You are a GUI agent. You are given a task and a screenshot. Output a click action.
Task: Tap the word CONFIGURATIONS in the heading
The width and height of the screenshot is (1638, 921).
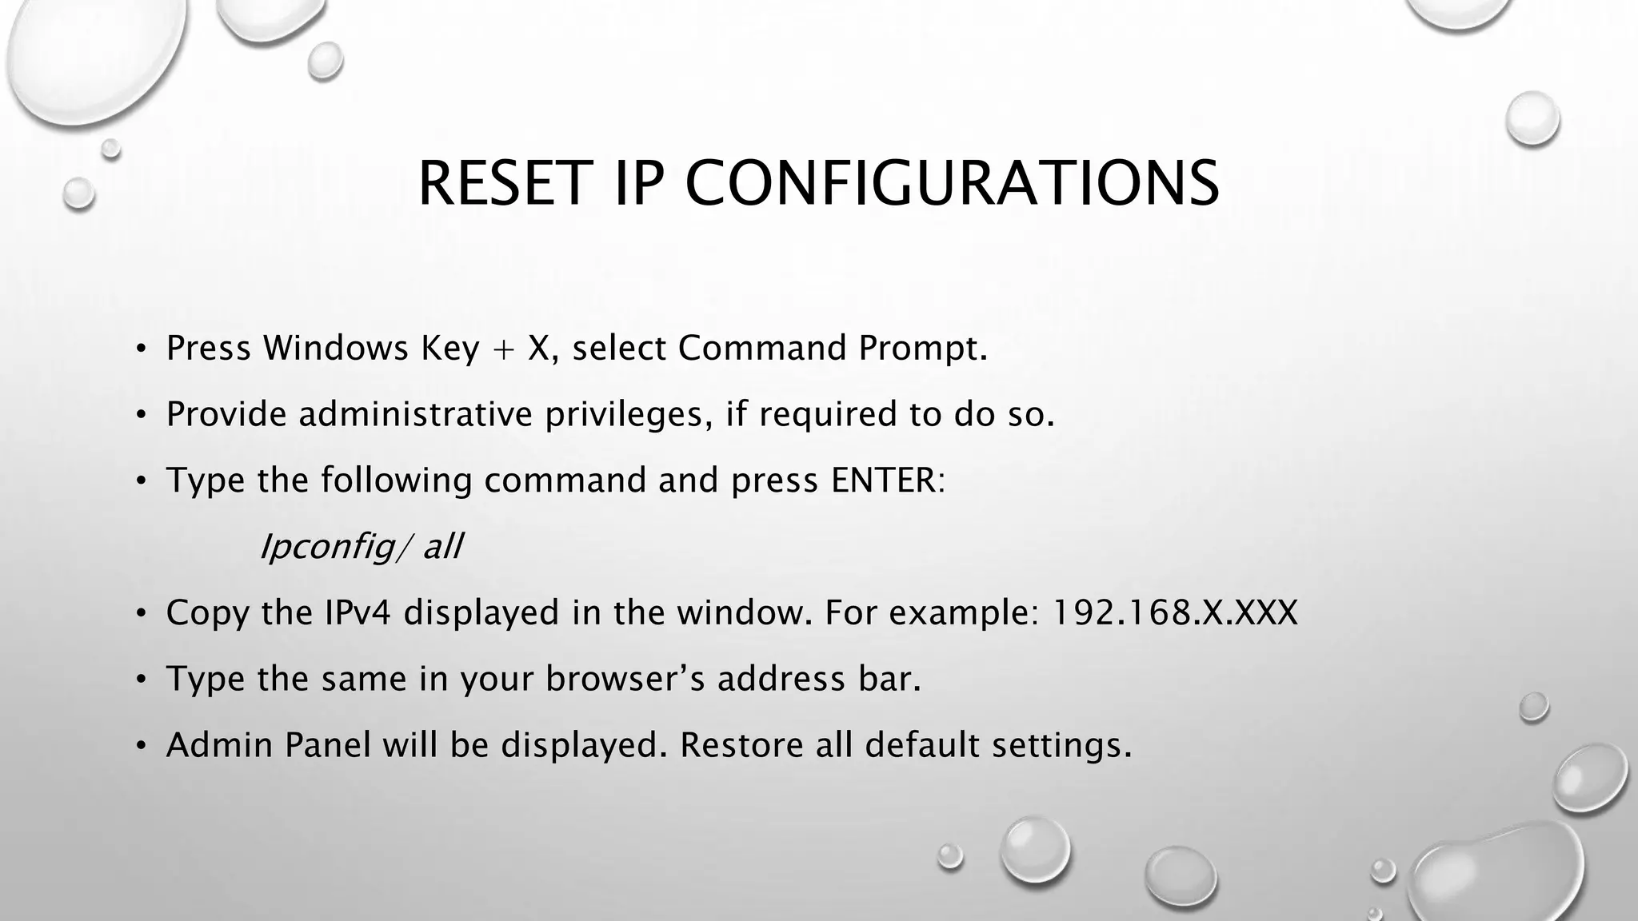(952, 184)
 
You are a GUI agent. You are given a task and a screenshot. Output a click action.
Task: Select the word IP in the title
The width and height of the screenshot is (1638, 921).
(639, 184)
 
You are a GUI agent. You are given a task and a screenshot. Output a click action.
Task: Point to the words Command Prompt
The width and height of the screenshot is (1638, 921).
(832, 348)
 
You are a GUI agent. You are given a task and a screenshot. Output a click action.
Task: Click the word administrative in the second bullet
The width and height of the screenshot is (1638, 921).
(416, 414)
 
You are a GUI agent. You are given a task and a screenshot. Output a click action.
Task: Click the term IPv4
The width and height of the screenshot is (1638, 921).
(358, 612)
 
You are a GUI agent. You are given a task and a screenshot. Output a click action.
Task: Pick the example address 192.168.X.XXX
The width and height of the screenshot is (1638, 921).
(1174, 612)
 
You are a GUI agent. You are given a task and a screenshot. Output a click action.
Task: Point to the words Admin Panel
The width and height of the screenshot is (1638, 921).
(268, 745)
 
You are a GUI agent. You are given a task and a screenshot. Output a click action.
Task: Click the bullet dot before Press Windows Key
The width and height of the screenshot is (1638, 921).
(141, 349)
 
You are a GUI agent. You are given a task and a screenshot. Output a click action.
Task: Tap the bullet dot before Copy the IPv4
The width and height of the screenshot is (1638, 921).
(141, 614)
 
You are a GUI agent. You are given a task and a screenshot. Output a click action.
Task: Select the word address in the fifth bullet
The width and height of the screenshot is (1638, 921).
(781, 679)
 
